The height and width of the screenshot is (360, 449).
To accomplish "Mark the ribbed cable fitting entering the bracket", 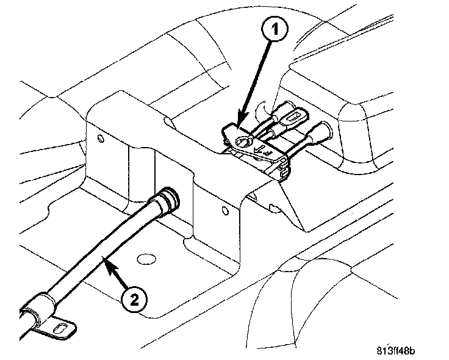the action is click(x=165, y=201).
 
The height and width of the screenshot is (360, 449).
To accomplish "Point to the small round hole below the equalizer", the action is click(x=225, y=212).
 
